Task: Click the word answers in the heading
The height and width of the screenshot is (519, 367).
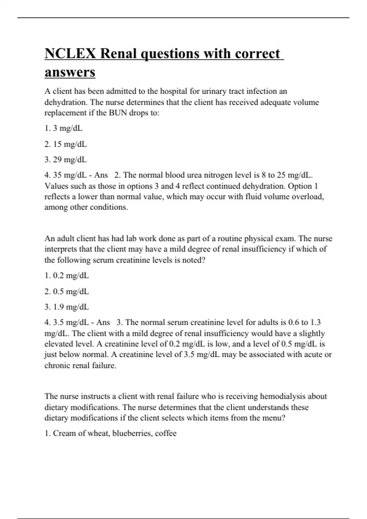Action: (70, 72)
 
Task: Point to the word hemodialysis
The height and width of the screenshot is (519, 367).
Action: (283, 396)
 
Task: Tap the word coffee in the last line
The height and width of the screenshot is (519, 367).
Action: (166, 433)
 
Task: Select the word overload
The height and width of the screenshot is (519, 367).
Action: (308, 197)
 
